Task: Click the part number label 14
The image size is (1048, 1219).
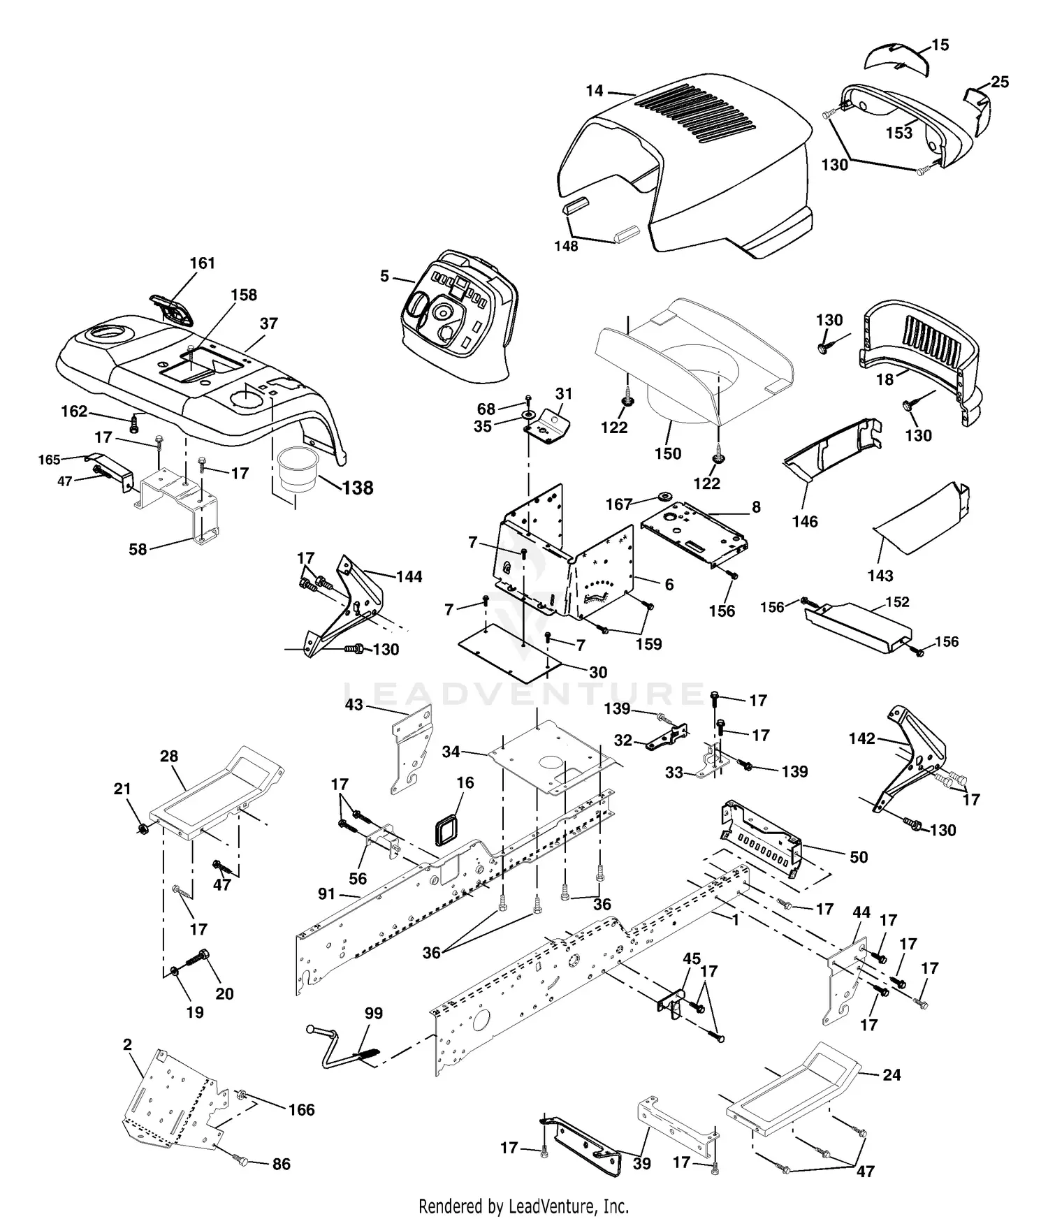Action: point(594,91)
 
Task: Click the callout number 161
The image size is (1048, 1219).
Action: point(202,263)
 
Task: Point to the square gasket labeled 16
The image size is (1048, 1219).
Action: point(445,829)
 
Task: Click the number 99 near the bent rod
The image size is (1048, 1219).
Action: point(373,1013)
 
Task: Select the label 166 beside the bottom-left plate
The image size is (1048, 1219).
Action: point(301,1109)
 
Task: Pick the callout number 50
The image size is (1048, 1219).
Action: point(858,857)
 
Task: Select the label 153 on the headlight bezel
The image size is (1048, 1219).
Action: point(899,133)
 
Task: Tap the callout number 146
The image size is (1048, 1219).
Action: point(805,521)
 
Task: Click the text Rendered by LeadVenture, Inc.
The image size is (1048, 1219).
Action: point(523,1206)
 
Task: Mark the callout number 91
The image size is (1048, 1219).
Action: point(326,894)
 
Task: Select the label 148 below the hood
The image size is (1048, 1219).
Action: point(566,246)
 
